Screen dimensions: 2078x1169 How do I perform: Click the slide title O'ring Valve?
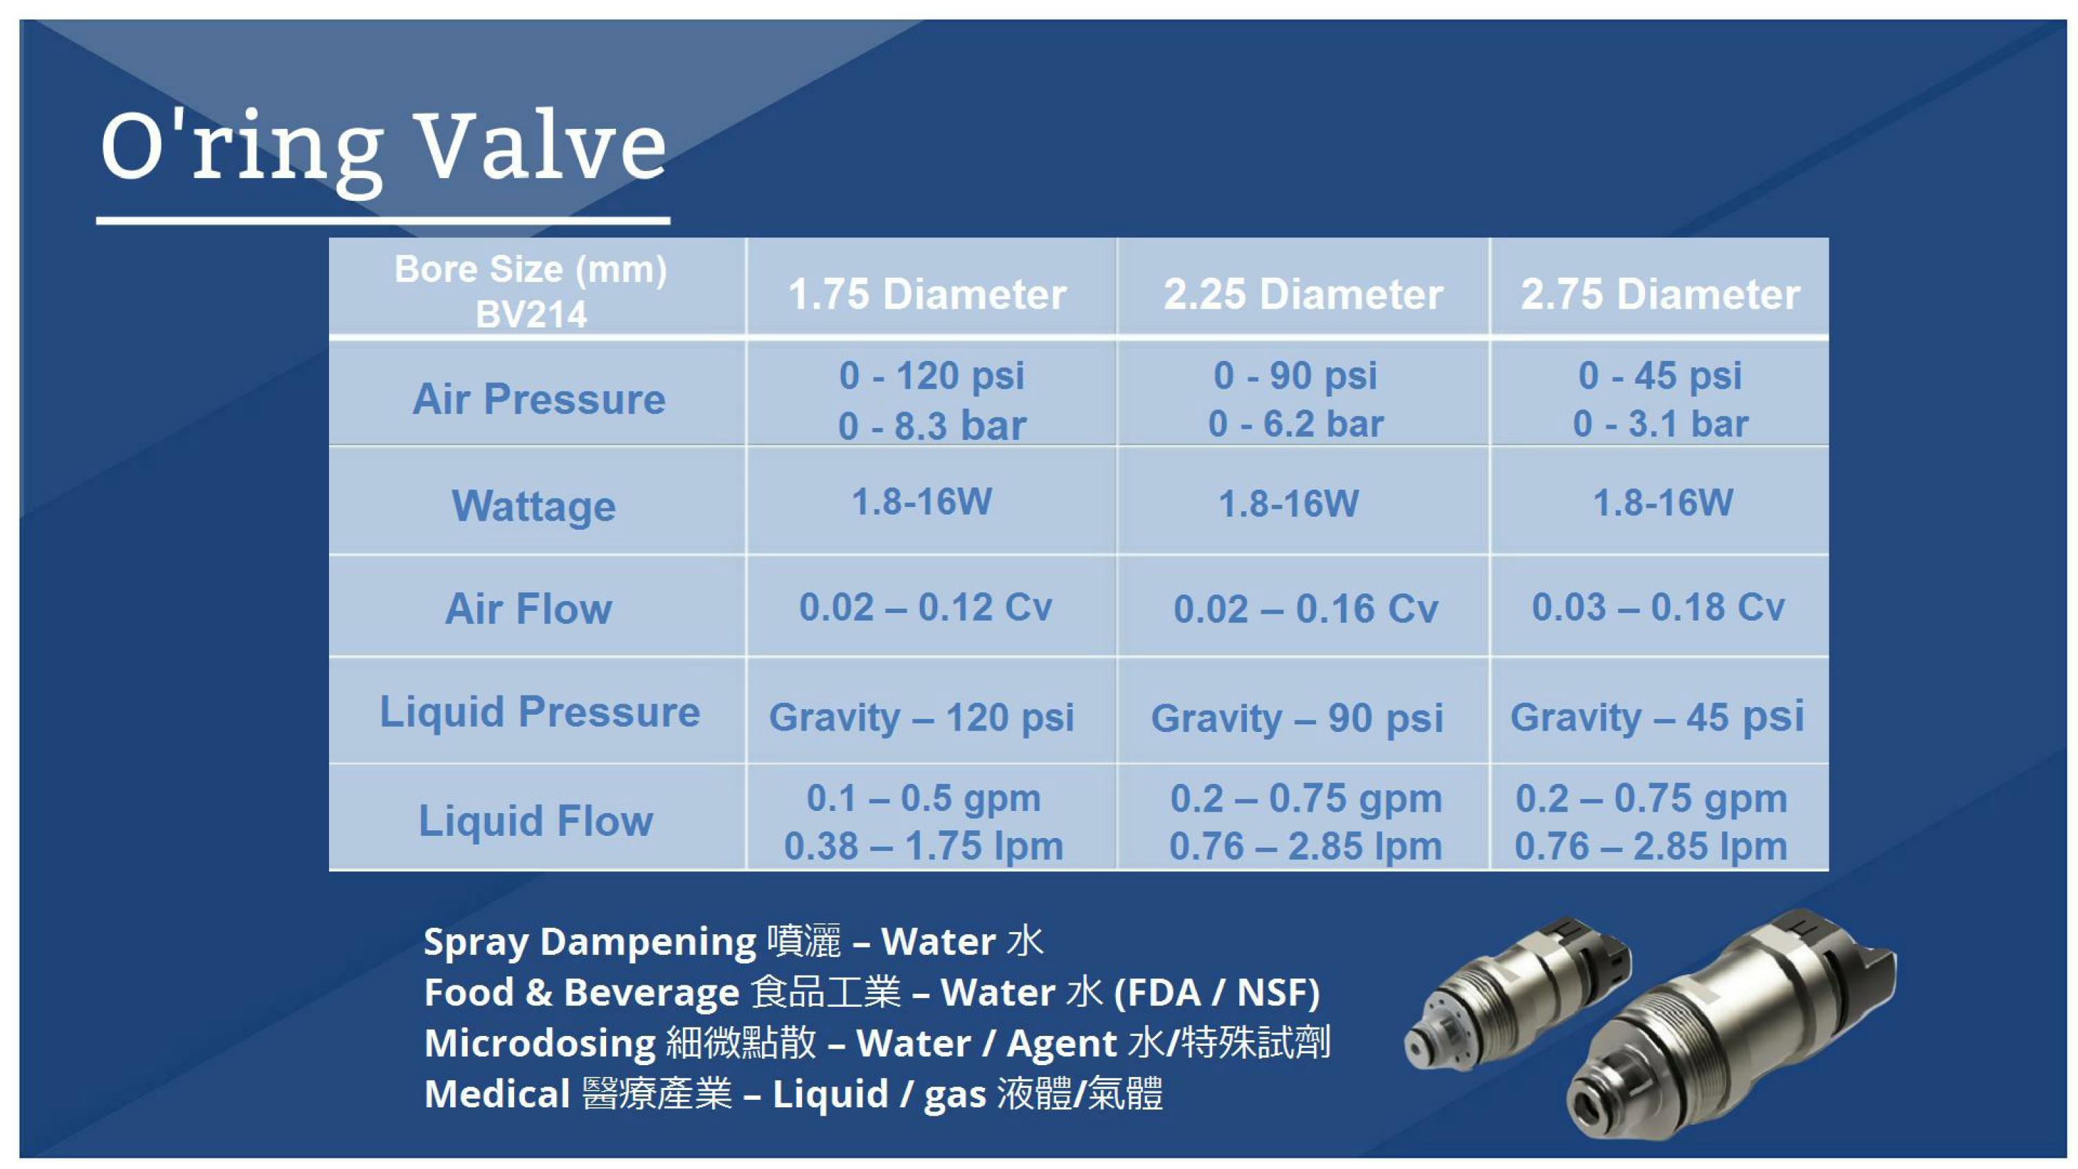click(383, 150)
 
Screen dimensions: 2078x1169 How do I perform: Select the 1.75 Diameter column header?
click(927, 294)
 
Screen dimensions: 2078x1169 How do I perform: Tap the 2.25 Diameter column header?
click(1303, 294)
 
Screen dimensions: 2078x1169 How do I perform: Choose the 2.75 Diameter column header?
click(1660, 294)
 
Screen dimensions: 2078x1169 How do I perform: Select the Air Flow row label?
click(529, 609)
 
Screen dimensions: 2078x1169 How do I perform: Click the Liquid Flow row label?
click(535, 821)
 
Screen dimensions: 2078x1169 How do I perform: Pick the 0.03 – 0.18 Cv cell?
click(1658, 607)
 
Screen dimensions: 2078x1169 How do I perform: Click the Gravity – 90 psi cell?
click(1297, 718)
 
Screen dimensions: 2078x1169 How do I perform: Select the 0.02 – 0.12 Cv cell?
click(925, 607)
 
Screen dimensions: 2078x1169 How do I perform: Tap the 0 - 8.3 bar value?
click(932, 426)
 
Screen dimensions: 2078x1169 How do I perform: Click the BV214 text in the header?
click(531, 314)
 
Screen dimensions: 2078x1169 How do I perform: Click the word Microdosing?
click(540, 1043)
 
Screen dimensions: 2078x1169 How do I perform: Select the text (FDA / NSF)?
click(1216, 992)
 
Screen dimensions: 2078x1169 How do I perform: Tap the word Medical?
click(497, 1094)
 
